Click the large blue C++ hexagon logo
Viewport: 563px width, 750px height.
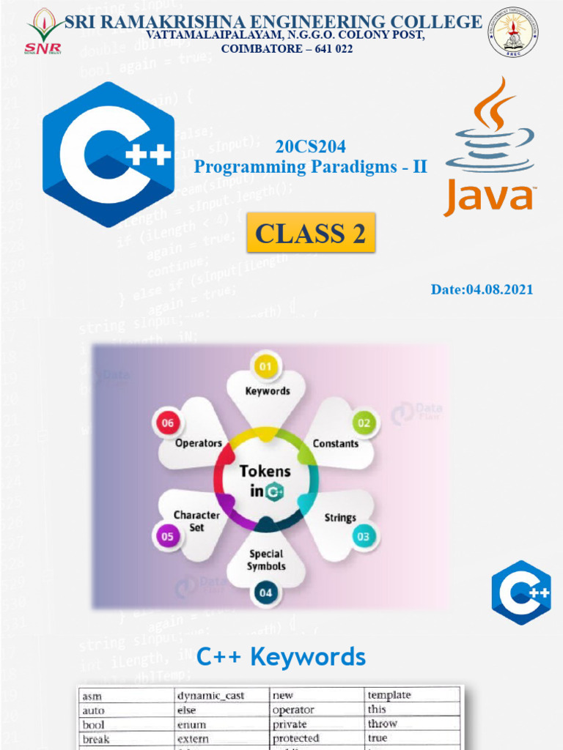[108, 155]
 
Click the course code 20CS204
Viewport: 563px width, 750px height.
[310, 146]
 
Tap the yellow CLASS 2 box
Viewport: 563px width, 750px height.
[311, 233]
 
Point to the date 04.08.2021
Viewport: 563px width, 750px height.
[482, 289]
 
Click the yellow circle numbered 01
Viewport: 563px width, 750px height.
[265, 365]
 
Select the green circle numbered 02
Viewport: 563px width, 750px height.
[364, 422]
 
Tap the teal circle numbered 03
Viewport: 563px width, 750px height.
[364, 536]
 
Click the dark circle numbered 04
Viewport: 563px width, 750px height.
[265, 592]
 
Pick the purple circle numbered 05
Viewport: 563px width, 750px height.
[166, 535]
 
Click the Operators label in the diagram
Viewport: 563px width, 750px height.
[198, 443]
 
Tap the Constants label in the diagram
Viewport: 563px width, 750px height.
[336, 443]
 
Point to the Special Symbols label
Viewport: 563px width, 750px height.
[265, 560]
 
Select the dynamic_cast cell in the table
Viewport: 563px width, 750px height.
[211, 696]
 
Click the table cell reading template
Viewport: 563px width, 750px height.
[389, 695]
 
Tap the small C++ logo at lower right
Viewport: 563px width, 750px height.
[521, 593]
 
